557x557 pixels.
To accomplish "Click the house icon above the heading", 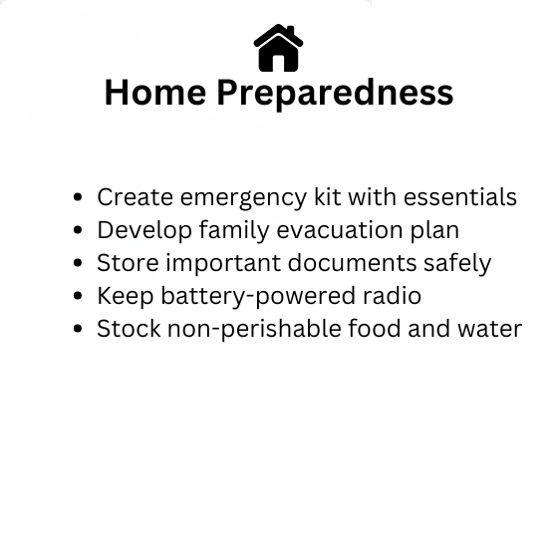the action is tap(279, 48).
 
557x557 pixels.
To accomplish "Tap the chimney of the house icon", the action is tap(290, 31).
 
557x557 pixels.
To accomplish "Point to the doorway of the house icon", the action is tap(279, 63).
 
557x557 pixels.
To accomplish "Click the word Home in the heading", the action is tap(155, 93).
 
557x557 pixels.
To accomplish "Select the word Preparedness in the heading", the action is tap(335, 94).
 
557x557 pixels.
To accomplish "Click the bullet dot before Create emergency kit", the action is tap(78, 197).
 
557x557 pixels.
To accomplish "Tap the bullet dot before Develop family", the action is tap(78, 230).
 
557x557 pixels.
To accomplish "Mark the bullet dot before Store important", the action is tap(78, 263).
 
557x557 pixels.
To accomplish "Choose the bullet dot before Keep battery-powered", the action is tap(78, 296).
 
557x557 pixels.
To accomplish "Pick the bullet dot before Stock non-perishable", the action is tap(78, 329).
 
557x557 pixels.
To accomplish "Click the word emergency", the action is tap(243, 199).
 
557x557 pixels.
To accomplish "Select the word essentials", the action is tap(460, 197).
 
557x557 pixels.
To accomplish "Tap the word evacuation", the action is tap(340, 230).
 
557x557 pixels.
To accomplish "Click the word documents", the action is tap(352, 263).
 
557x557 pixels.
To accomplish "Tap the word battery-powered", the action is tap(258, 297).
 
